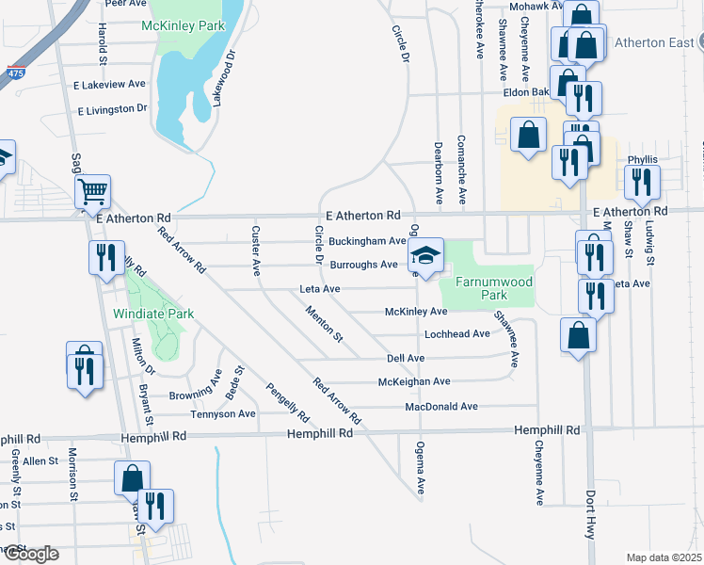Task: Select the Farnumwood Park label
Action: coord(493,288)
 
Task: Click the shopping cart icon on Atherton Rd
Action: coord(93,193)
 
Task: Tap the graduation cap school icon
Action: coord(425,256)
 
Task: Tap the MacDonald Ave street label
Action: coord(441,407)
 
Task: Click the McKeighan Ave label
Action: coord(414,381)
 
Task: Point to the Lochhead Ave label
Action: coord(457,334)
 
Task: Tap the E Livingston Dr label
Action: coord(113,110)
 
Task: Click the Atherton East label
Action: coord(653,42)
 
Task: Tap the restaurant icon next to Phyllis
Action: coord(642,184)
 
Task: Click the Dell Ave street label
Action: coord(407,359)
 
